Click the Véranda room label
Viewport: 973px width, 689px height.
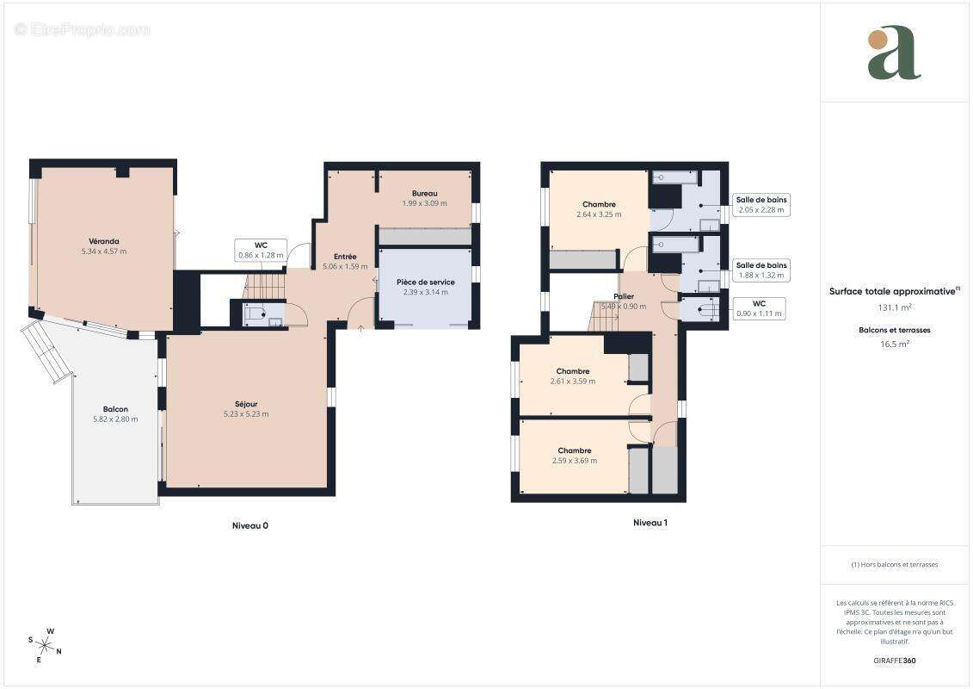point(103,241)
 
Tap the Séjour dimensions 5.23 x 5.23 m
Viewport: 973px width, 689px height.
point(246,414)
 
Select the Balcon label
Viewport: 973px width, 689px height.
point(115,409)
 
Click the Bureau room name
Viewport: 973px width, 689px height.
point(424,193)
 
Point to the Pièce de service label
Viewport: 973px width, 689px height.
point(426,282)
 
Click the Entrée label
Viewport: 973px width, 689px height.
point(345,257)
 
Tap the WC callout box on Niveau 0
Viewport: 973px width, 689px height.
point(261,251)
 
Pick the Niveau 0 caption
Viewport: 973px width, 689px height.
point(250,525)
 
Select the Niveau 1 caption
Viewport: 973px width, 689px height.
point(650,523)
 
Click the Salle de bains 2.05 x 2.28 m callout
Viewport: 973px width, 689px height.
point(761,205)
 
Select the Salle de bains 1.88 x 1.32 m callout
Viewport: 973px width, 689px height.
point(761,270)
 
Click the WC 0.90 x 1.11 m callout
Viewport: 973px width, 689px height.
point(759,309)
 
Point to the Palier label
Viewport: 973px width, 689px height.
point(624,296)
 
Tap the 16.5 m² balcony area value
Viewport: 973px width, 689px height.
point(895,344)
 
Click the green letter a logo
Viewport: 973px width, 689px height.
point(894,53)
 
